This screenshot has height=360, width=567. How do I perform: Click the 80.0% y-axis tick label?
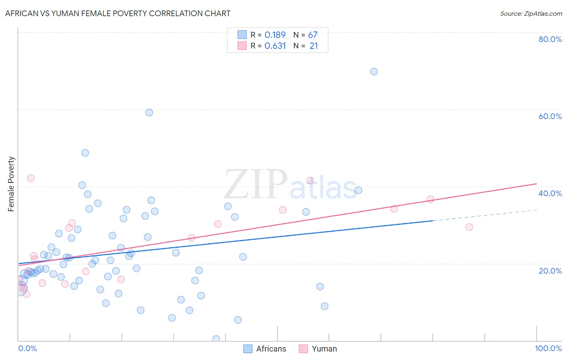click(x=550, y=39)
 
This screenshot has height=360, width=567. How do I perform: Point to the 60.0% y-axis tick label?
click(x=550, y=116)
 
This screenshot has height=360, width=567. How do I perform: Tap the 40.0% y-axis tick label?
click(x=550, y=193)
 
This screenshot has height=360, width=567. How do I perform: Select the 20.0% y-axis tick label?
click(x=550, y=271)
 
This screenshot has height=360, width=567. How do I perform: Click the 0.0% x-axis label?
click(x=27, y=348)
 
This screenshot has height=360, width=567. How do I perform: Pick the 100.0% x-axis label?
click(x=548, y=348)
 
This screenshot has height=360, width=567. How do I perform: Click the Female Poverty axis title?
click(x=11, y=184)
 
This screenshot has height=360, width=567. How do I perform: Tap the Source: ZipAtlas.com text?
click(x=531, y=13)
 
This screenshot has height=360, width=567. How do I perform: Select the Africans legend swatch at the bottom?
click(x=248, y=349)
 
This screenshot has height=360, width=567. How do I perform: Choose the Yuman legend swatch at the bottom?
click(x=303, y=349)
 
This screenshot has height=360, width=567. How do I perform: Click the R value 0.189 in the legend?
click(x=275, y=35)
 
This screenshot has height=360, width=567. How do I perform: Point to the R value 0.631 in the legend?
click(x=275, y=46)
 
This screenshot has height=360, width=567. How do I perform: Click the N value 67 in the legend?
click(x=313, y=35)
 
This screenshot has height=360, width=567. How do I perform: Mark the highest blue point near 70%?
click(x=374, y=71)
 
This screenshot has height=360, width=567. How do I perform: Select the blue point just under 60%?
click(x=149, y=113)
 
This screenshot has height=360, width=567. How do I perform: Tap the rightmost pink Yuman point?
click(x=469, y=227)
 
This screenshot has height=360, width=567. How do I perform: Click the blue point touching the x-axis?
click(x=216, y=339)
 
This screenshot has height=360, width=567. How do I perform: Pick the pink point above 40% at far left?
click(x=31, y=178)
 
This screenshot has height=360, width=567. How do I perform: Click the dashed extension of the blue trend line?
click(x=484, y=215)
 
